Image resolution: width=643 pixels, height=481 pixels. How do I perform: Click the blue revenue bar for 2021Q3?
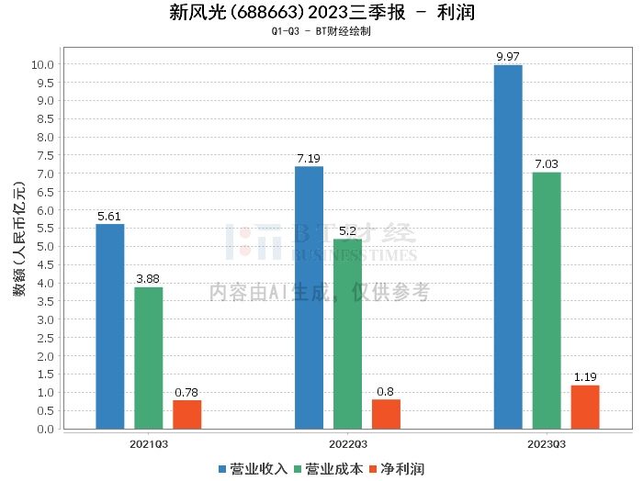point(110,327)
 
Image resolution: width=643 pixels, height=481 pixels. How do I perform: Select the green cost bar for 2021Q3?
point(149,358)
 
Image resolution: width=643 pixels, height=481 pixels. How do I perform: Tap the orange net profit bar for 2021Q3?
point(187,415)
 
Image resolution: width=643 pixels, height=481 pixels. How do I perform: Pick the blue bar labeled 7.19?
point(310,297)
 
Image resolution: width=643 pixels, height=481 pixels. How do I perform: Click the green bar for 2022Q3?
point(348,334)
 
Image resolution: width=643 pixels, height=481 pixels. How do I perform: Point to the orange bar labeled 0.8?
point(387,414)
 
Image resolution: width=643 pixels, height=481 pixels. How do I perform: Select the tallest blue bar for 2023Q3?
point(508,247)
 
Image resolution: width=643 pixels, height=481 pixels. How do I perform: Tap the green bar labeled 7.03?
point(547,301)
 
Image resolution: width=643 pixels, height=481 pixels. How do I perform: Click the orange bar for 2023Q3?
point(585,408)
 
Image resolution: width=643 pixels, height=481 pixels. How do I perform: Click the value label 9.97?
point(508,57)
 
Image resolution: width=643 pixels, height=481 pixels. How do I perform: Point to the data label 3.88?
point(148,279)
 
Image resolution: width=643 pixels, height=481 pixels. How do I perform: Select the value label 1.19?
point(585,377)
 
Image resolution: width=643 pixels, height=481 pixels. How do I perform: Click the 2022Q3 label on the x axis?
point(348,444)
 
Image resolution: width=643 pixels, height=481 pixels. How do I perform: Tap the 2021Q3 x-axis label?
point(149,444)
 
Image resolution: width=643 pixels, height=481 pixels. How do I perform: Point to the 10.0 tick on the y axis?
point(42,64)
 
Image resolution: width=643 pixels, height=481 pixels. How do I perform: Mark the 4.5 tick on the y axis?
point(46,264)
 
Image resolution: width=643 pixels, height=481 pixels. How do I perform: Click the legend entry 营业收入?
point(253,469)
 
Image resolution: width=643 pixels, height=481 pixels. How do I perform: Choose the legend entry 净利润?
point(397,469)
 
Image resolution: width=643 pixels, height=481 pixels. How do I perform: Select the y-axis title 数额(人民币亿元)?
point(19,239)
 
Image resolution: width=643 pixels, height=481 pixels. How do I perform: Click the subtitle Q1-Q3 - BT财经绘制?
point(321,31)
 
